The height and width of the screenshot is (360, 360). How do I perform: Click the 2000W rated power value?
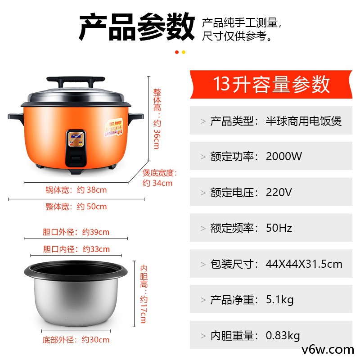pos(283,156)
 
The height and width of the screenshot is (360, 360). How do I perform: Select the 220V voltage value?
pos(279,192)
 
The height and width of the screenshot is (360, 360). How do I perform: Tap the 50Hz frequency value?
pos(279,228)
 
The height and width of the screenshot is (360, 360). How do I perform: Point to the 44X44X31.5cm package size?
pos(304,264)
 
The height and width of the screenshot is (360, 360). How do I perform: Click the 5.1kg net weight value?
pos(279,300)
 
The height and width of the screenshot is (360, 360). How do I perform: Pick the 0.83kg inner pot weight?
pos(283,336)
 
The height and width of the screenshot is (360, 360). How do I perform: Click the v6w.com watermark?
pos(328,350)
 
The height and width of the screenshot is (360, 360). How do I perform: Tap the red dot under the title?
pos(177,52)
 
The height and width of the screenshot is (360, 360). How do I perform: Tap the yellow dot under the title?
pos(184,52)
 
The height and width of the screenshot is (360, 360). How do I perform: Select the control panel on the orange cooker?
pos(76,148)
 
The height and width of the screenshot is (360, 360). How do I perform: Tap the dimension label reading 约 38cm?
pos(92,190)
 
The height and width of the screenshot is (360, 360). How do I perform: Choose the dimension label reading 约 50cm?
pos(92,207)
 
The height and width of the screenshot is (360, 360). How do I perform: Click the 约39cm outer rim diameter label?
pos(96,232)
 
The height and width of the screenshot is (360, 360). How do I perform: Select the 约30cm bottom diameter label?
pos(95,340)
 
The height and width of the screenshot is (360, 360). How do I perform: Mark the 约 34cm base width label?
pos(157,183)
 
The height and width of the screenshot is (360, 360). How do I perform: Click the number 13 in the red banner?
pos(221,84)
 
